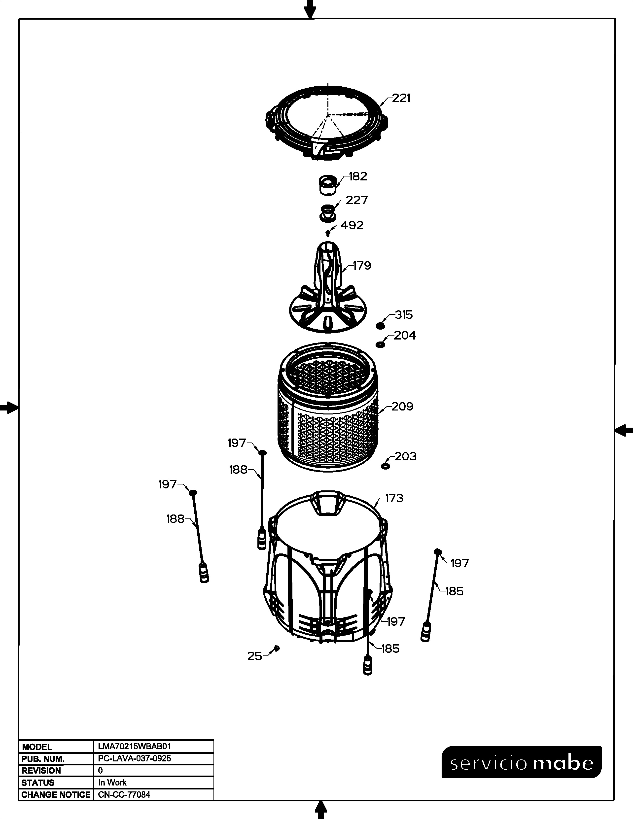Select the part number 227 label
357,200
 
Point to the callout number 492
352,225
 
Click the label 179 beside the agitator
362,266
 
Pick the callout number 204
405,335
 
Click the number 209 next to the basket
402,407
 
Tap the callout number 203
405,456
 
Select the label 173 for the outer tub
394,498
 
